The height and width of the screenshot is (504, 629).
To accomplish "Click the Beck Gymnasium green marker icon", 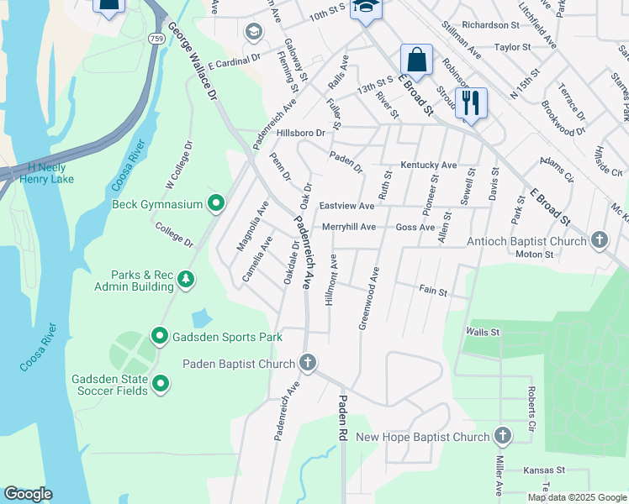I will click(x=216, y=203).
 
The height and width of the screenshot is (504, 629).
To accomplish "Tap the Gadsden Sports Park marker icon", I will click(x=160, y=337).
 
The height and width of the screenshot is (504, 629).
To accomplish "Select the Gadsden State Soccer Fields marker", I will click(x=160, y=384).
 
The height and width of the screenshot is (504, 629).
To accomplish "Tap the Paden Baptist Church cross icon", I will click(x=308, y=363).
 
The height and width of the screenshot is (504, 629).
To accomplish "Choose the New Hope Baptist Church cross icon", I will click(x=502, y=436).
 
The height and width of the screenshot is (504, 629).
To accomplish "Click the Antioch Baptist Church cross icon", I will click(x=599, y=241).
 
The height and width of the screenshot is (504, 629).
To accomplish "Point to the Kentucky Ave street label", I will click(x=428, y=165).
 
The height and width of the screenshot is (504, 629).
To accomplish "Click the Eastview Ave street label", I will click(x=346, y=206).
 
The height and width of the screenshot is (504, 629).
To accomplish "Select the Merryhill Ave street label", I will click(x=348, y=227).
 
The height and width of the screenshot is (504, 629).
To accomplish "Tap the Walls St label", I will click(x=483, y=333).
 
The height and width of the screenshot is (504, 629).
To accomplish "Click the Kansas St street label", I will click(x=542, y=471).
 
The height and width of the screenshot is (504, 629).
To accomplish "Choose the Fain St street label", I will click(x=433, y=290).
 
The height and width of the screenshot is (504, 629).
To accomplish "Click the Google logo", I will click(x=28, y=494).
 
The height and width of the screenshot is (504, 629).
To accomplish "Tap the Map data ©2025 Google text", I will click(x=576, y=497).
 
